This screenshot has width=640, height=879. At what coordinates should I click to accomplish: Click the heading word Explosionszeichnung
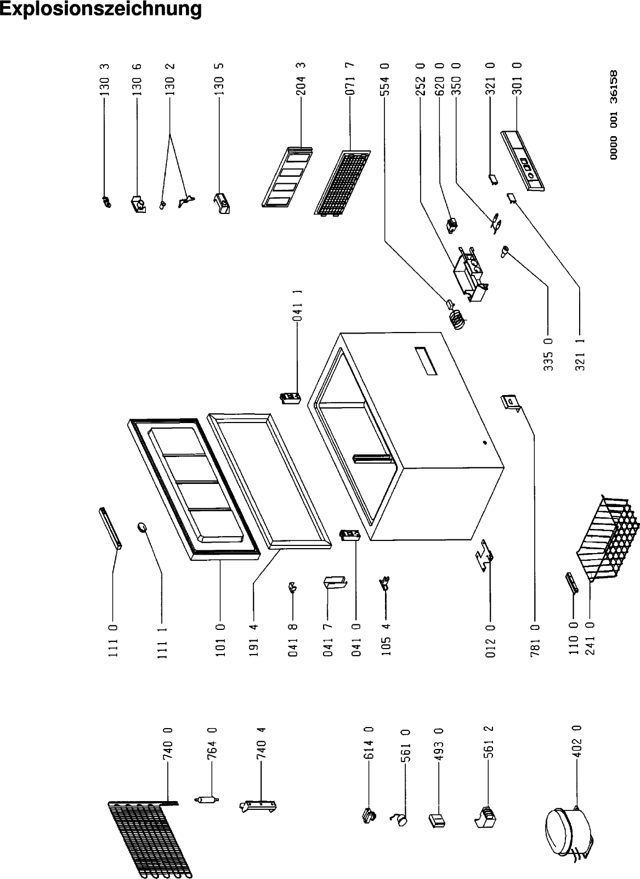(101, 9)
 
